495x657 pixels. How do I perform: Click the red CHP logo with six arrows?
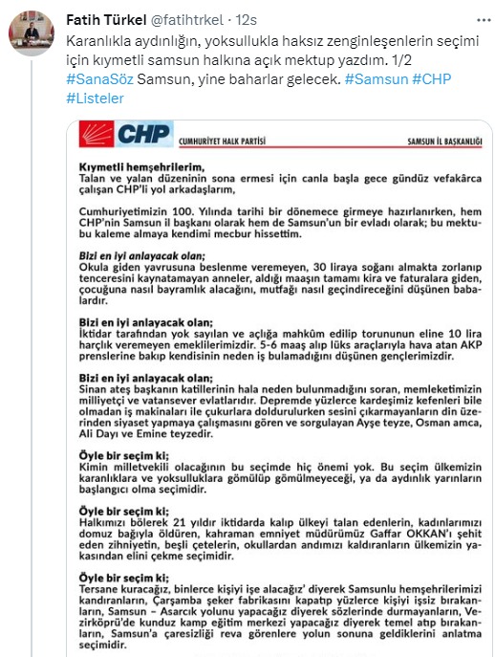pyautogui.click(x=98, y=135)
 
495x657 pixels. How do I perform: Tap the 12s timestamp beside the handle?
pyautogui.click(x=247, y=18)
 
